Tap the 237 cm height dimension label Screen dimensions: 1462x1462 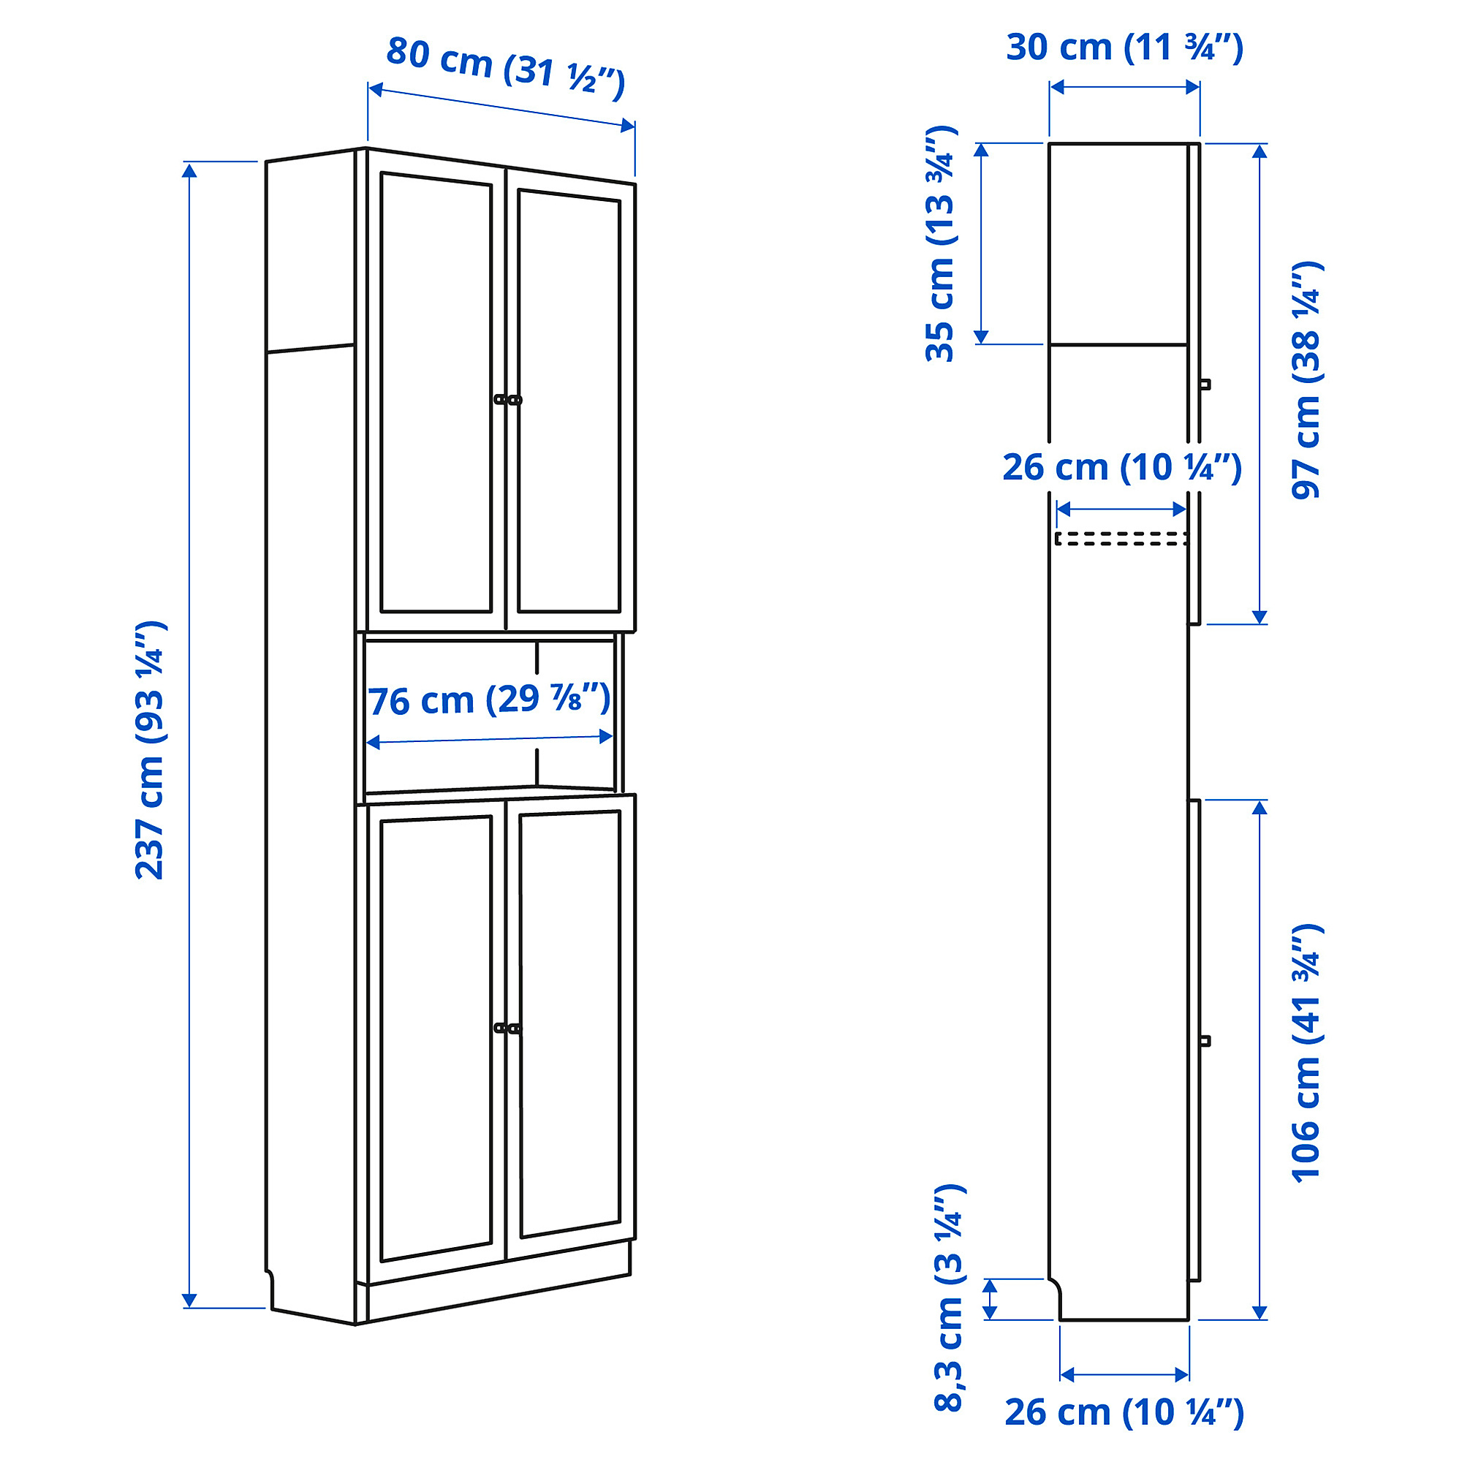(150, 750)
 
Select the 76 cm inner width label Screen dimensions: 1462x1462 (489, 700)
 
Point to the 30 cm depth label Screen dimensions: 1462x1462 (1124, 48)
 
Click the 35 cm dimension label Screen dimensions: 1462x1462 (941, 243)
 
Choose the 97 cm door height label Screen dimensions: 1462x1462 (1306, 380)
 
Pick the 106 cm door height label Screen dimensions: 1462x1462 (1306, 1052)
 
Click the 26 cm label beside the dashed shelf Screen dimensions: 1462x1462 (1121, 468)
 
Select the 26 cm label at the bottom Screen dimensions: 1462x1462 (1124, 1412)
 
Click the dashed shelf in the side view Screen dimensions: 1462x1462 (1121, 538)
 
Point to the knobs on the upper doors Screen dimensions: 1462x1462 (508, 400)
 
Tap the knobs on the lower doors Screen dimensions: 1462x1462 (508, 1028)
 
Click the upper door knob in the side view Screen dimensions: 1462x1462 (1205, 384)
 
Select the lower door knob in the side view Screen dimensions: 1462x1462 (1205, 1041)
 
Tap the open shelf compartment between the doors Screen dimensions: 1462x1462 (489, 715)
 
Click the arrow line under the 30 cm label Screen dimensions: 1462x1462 (1124, 87)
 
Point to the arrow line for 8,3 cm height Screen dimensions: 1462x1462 (990, 1298)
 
